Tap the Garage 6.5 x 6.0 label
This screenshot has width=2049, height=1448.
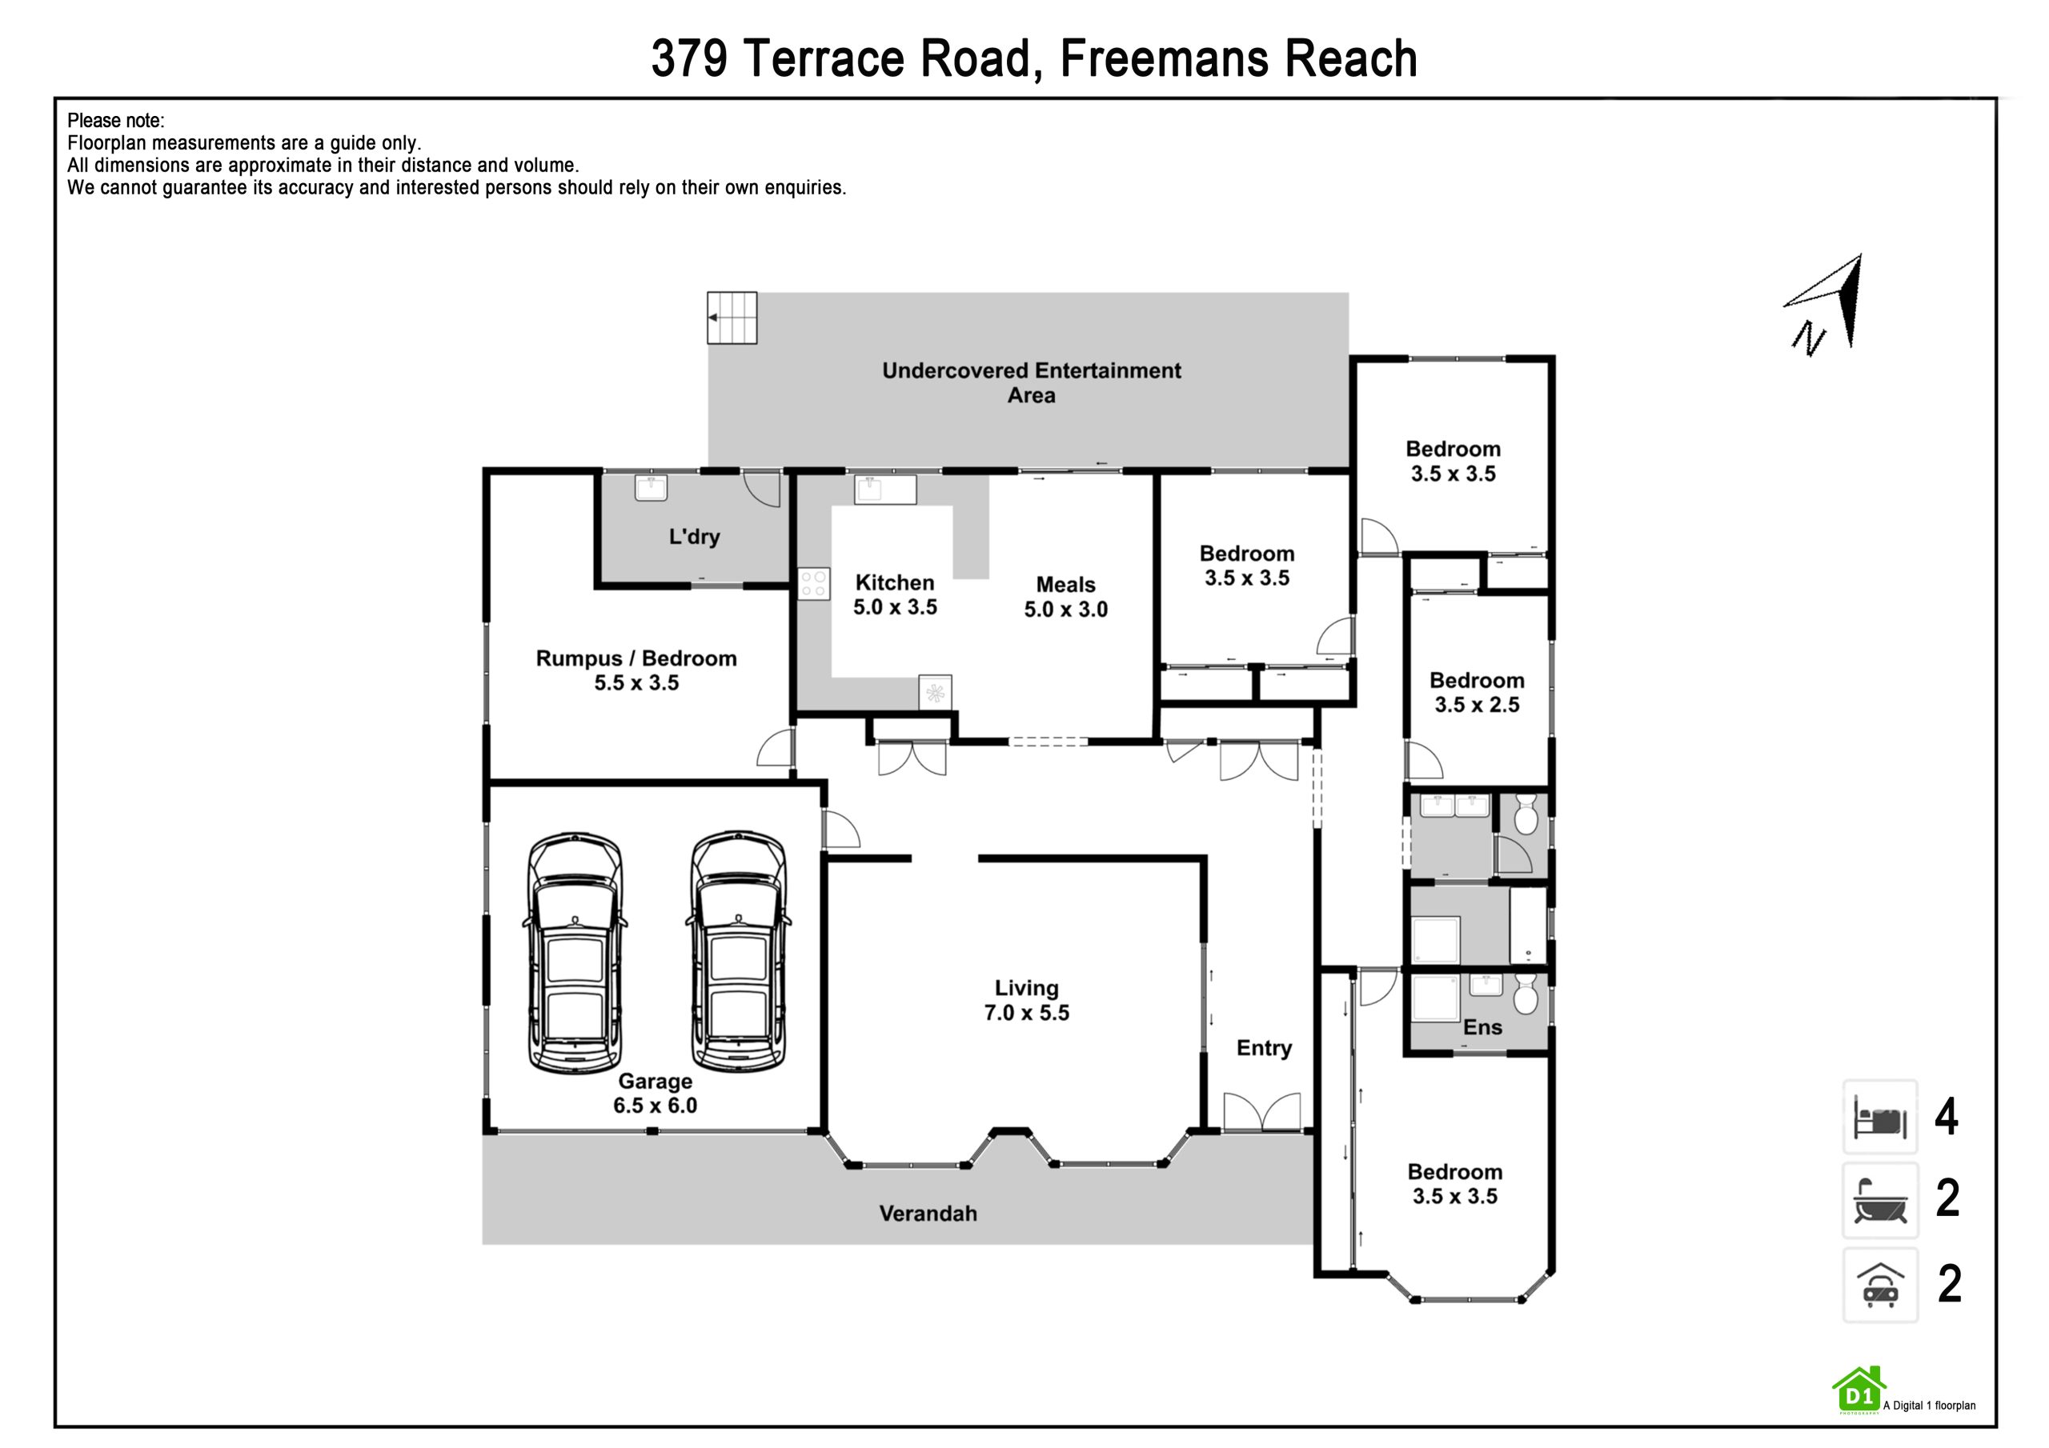(x=655, y=1093)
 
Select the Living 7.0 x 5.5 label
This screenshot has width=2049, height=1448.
(x=1026, y=1000)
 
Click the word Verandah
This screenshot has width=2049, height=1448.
(x=928, y=1214)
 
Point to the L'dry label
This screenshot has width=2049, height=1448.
(x=694, y=536)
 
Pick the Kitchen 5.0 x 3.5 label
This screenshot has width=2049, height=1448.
(x=895, y=594)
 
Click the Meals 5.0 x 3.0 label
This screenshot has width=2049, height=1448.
(x=1065, y=597)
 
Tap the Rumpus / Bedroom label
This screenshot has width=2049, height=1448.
(x=636, y=658)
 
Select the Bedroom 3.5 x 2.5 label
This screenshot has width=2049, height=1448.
(x=1477, y=692)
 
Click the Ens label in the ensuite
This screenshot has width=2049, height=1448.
(x=1482, y=1027)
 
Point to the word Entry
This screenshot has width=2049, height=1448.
(x=1264, y=1048)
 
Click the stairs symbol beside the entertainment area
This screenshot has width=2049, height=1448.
(x=732, y=318)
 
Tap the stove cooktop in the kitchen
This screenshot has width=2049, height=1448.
(x=814, y=584)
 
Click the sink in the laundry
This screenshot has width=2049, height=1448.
(x=651, y=487)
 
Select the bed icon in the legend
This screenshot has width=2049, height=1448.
(x=1880, y=1117)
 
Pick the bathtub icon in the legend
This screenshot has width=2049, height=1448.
(x=1880, y=1200)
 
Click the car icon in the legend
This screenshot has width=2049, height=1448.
(x=1880, y=1285)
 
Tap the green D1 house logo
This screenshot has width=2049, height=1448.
(x=1859, y=1391)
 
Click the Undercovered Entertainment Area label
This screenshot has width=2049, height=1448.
(x=1032, y=382)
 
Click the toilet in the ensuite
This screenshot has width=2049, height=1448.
(x=1526, y=994)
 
